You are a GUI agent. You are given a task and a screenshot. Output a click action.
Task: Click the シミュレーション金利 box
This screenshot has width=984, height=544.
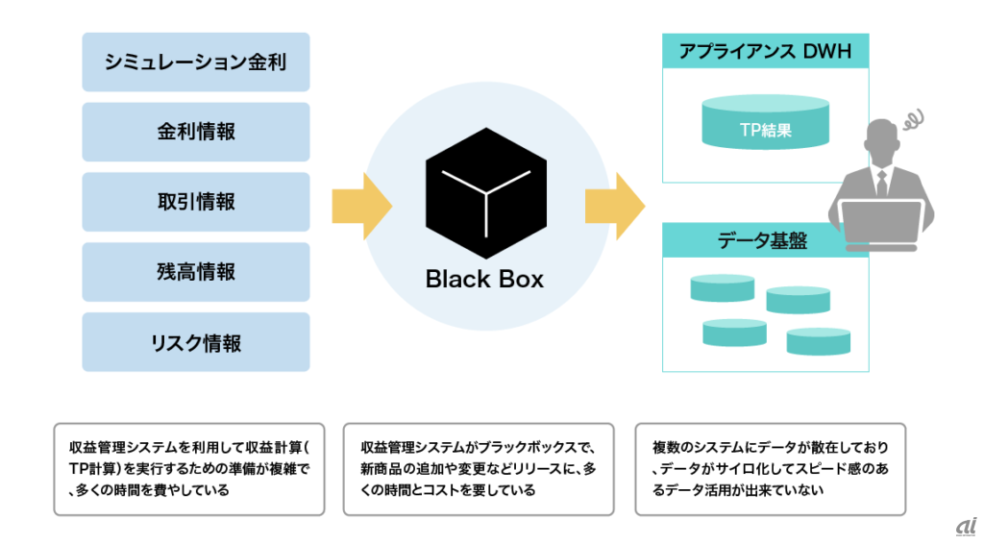click(196, 62)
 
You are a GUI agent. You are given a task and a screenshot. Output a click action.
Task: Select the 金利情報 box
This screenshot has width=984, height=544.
click(196, 132)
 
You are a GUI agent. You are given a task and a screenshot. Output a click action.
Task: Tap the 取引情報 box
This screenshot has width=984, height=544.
click(196, 202)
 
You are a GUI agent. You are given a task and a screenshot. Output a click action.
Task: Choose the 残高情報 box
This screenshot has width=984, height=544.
click(196, 272)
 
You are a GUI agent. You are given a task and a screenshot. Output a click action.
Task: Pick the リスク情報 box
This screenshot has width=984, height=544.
click(196, 342)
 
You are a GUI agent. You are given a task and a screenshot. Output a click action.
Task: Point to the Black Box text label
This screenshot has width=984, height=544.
click(484, 280)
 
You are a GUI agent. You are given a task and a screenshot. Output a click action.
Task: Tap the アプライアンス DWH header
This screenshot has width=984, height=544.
click(765, 52)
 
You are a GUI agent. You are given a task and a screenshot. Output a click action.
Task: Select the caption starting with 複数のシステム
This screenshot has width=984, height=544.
click(770, 469)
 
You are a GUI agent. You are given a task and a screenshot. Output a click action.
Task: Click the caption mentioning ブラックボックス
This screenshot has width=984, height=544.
click(479, 469)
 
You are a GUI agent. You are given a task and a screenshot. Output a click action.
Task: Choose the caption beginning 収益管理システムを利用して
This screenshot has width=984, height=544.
click(187, 469)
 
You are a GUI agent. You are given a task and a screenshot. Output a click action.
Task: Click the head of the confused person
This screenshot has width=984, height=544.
click(883, 144)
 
